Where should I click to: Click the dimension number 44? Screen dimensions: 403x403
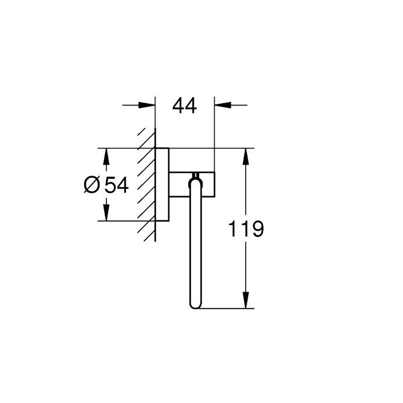[184, 106]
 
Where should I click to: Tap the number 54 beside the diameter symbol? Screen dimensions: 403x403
[116, 185]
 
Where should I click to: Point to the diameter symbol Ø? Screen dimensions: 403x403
[92, 185]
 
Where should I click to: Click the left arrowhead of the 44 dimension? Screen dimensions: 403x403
[147, 105]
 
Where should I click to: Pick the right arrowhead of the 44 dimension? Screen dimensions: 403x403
[223, 105]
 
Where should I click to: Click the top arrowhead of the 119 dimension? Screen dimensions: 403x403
[246, 157]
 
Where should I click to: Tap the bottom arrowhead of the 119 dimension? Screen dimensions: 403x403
[246, 300]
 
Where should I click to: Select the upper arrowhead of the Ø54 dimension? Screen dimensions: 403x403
[106, 157]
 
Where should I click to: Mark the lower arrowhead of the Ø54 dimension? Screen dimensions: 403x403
[106, 213]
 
